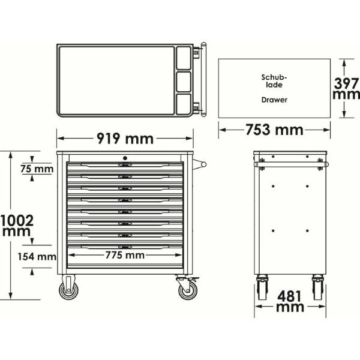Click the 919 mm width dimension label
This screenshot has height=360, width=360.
coord(125,139)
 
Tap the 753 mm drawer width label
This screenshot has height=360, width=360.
coord(274,130)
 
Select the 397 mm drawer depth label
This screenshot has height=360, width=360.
coord(346,89)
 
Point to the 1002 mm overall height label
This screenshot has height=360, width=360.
coord(17,226)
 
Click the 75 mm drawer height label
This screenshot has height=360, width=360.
coord(37,169)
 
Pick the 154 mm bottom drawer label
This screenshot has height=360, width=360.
coord(37,256)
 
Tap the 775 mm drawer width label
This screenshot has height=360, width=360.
coord(125,255)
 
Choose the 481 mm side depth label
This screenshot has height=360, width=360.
coord(290,301)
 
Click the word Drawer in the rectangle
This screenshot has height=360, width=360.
coord(274,100)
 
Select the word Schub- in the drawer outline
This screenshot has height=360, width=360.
coord(274,77)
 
